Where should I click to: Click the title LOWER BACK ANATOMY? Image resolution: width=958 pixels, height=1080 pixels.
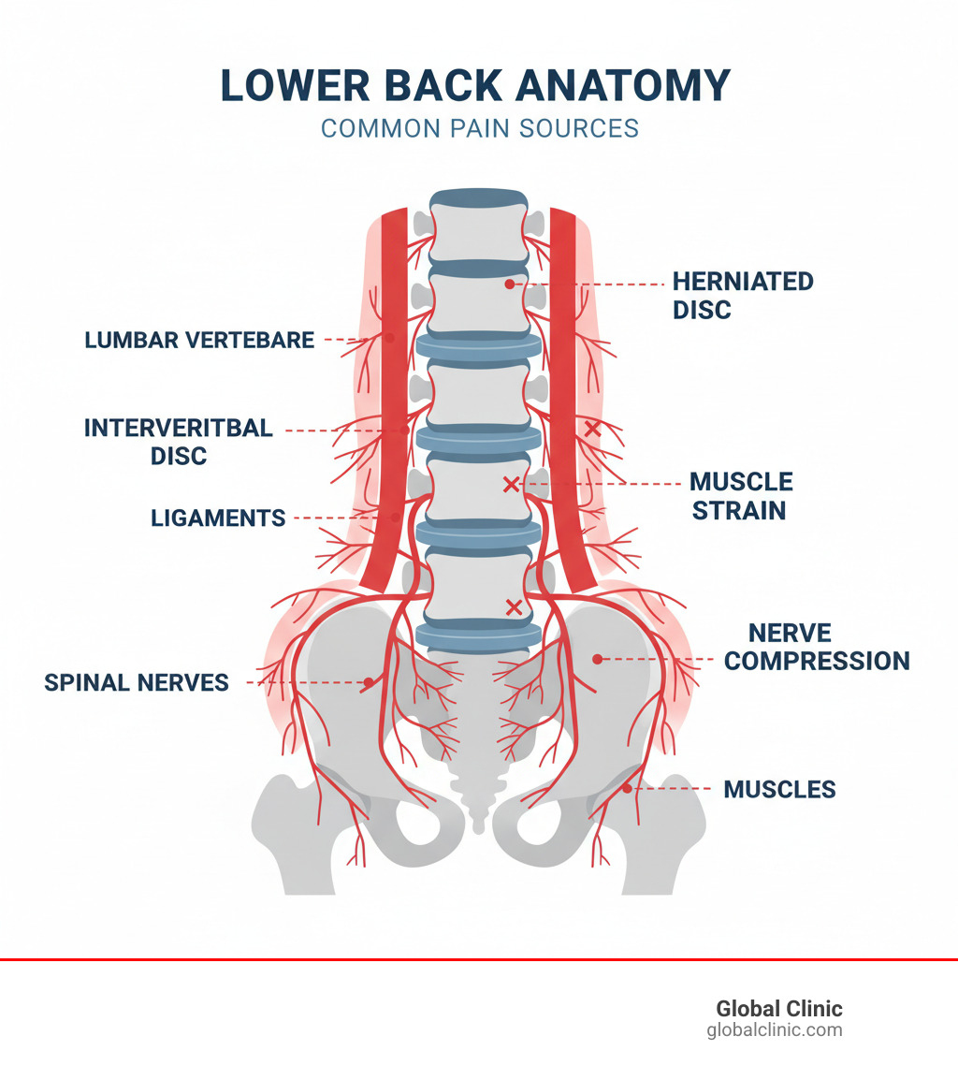[475, 86]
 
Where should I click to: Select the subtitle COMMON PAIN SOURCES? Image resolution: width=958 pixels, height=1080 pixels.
[480, 128]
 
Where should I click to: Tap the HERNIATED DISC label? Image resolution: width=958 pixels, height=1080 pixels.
[743, 295]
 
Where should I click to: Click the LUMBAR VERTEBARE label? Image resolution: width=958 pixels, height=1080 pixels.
[199, 340]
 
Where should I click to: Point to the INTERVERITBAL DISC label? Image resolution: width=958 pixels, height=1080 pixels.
[179, 442]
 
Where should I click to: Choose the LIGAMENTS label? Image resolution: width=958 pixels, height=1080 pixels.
[218, 518]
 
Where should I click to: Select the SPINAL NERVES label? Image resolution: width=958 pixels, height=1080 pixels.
[137, 683]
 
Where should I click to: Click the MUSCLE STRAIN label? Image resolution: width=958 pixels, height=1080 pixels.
[741, 496]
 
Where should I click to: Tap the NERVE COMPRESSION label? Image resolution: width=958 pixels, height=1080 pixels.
[816, 647]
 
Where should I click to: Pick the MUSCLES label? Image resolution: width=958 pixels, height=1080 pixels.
[779, 789]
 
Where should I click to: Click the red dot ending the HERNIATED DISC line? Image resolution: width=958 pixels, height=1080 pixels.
[509, 284]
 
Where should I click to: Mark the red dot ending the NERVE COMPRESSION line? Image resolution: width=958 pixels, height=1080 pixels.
[597, 659]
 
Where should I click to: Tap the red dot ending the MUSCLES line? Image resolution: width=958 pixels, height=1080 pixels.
[627, 789]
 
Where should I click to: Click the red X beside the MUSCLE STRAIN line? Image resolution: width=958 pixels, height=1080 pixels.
[511, 484]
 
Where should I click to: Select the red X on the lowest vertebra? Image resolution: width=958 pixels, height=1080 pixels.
[513, 607]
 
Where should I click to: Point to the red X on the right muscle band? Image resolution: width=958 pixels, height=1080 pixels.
[591, 429]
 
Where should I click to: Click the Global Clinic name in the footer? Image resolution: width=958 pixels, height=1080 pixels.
[778, 1009]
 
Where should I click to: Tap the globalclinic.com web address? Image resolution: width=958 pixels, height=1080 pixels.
[774, 1030]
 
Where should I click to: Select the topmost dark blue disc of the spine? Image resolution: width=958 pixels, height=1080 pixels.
[478, 198]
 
